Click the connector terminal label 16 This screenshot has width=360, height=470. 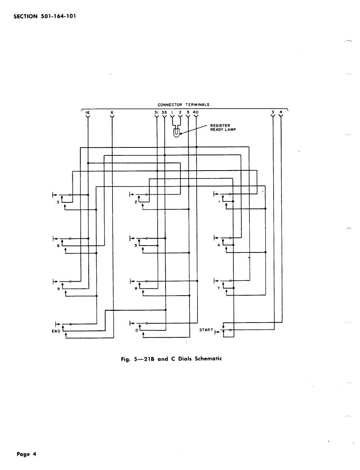coord(88,113)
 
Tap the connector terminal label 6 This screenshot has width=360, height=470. coord(112,113)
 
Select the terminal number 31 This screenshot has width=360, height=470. coord(156,112)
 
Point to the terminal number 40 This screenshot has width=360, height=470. coord(196,112)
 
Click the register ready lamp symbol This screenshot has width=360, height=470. coord(176,133)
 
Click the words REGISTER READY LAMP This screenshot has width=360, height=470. coord(223,128)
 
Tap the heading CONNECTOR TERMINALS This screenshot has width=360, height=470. coord(183,105)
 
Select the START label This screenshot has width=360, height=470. coord(206,330)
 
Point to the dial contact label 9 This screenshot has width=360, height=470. coord(57,289)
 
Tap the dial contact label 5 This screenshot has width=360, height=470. coord(136,245)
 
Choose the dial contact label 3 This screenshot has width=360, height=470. coord(57,202)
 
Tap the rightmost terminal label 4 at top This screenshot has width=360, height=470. coord(281,112)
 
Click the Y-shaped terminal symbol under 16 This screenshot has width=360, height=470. coord(88,117)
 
